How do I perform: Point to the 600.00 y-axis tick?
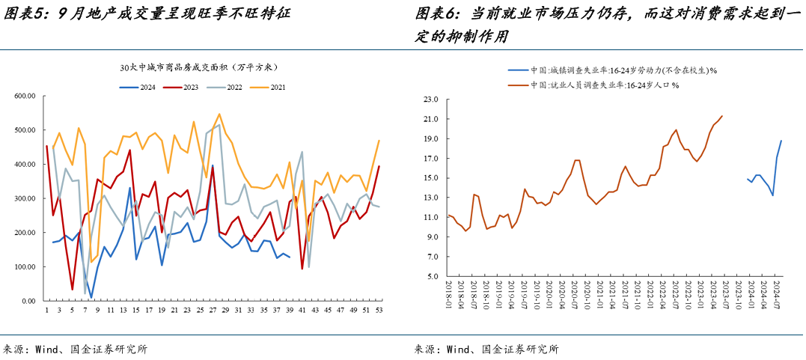click(26, 96)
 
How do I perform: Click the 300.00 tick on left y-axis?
click(26, 198)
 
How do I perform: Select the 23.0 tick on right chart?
click(430, 100)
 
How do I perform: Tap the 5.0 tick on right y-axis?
click(432, 277)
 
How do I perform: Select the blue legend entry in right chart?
click(614, 70)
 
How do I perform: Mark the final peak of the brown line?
click(722, 116)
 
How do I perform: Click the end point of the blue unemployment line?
click(781, 141)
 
